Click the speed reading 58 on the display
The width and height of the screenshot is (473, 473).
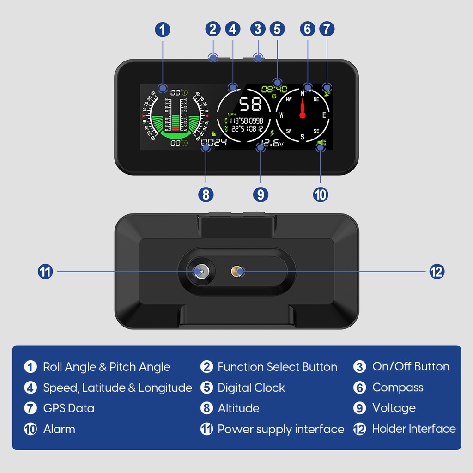pyautogui.click(x=251, y=104)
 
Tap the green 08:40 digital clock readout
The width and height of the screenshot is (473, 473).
pyautogui.click(x=274, y=89)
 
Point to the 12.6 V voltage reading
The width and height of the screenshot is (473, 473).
pyautogui.click(x=272, y=143)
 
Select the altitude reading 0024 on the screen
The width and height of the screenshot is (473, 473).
pyautogui.click(x=214, y=143)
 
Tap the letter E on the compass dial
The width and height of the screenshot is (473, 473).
pyautogui.click(x=324, y=115)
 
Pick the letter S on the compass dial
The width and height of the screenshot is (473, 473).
pyautogui.click(x=303, y=136)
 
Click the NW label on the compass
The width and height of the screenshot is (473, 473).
pyautogui.click(x=289, y=99)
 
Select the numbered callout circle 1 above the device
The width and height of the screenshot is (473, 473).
pyautogui.click(x=162, y=30)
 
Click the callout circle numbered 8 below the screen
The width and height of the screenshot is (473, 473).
pyautogui.click(x=206, y=194)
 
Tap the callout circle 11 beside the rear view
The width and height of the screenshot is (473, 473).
pyautogui.click(x=45, y=272)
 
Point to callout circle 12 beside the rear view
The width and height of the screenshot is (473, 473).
pyautogui.click(x=437, y=272)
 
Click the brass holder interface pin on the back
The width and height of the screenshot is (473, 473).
pyautogui.click(x=237, y=272)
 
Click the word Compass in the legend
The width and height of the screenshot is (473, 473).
pyautogui.click(x=398, y=388)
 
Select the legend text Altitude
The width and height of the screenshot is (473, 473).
pyautogui.click(x=238, y=408)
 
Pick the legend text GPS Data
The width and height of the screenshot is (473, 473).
pyautogui.click(x=68, y=408)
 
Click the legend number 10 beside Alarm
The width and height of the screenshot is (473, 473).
pyautogui.click(x=30, y=429)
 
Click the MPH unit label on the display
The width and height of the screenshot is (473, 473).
pyautogui.click(x=231, y=114)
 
